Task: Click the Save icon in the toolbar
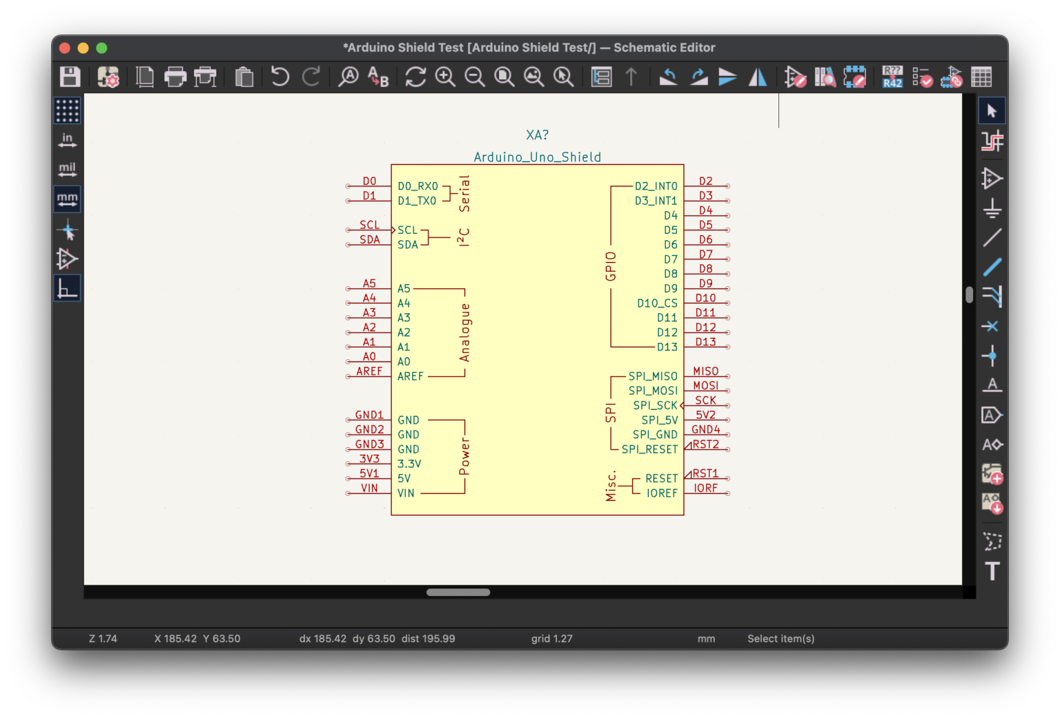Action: click(70, 77)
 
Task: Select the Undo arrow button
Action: click(279, 77)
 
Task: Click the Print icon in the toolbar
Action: click(175, 77)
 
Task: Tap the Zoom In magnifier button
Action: click(445, 77)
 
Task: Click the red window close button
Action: click(65, 48)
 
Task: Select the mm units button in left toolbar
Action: click(67, 199)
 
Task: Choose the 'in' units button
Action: click(67, 140)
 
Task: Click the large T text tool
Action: click(992, 571)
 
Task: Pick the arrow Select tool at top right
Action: click(992, 111)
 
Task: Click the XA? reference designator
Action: click(537, 135)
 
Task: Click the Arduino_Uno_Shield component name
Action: click(537, 157)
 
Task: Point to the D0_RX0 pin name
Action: click(418, 186)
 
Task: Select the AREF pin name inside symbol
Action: click(410, 377)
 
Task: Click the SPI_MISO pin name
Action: click(653, 377)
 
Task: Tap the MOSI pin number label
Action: click(705, 386)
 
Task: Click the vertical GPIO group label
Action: click(611, 266)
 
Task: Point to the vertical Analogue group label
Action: click(464, 332)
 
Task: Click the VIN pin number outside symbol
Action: click(369, 488)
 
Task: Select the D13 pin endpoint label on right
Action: click(705, 342)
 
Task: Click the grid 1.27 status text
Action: click(551, 639)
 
